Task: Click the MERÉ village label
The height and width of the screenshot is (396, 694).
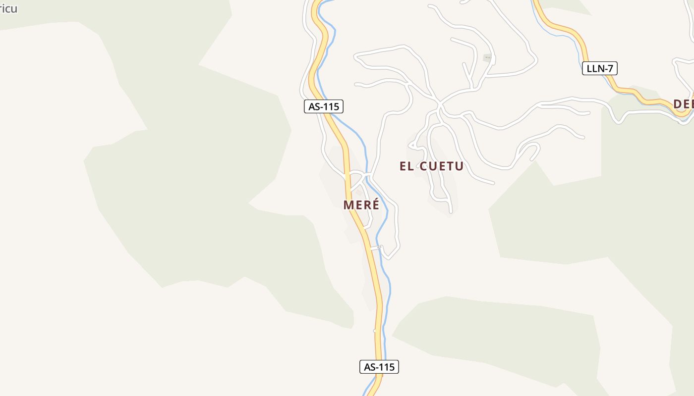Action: coord(361,205)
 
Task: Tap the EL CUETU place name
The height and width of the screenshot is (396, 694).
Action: coord(431,166)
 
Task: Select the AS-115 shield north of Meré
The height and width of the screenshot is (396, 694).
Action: coord(323,106)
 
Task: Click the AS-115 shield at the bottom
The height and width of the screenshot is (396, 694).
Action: coord(379,367)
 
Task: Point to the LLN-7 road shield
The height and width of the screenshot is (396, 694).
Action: coord(599,68)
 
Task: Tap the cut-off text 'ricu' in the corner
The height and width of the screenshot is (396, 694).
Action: coord(8,9)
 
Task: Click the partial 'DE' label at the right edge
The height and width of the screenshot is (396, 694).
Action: coord(683,104)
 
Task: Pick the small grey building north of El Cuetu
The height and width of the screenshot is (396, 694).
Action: coord(488,58)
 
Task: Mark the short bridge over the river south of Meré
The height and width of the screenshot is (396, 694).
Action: coord(375,248)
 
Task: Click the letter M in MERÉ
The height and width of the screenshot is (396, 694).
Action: coord(348,205)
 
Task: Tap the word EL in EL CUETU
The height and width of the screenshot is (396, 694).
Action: coord(406,166)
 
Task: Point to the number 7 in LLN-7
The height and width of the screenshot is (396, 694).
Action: coord(611,68)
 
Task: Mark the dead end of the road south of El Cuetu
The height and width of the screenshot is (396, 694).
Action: coord(450,212)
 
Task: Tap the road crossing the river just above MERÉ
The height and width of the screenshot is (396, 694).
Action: coord(367,176)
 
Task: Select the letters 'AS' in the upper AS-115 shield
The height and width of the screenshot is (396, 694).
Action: coord(314,106)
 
